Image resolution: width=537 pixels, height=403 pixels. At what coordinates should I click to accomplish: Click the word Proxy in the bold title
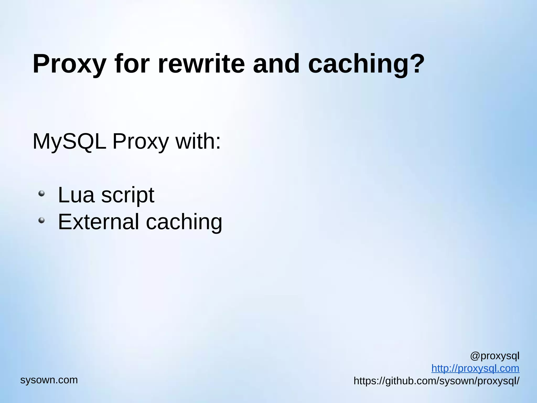(x=69, y=64)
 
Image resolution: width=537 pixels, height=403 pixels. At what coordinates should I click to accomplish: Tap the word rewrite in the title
(x=201, y=64)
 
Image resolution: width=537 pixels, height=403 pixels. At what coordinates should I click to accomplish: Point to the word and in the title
(x=276, y=64)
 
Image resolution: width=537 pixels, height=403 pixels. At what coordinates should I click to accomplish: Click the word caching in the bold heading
(x=358, y=64)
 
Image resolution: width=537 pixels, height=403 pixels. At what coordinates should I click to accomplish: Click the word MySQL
(x=69, y=142)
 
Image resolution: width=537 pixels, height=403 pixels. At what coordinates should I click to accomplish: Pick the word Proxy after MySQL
(x=141, y=142)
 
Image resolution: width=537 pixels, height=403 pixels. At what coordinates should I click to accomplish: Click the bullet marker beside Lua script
(x=41, y=194)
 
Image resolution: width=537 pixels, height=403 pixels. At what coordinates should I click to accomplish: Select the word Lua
(x=76, y=195)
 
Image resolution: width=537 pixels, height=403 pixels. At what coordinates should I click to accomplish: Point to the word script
(x=128, y=195)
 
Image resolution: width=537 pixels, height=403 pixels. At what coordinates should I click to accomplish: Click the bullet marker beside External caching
(x=41, y=220)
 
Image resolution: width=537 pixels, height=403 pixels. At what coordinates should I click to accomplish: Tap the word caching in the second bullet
(x=184, y=222)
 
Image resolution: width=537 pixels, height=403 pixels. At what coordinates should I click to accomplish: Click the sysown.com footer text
(x=49, y=380)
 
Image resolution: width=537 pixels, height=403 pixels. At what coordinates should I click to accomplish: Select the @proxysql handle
(x=495, y=356)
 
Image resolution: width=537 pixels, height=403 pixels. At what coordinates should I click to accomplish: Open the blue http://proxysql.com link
(x=475, y=368)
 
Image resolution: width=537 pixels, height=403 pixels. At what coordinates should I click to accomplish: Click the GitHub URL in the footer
(x=436, y=381)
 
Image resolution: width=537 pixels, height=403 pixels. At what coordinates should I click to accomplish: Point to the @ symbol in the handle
(x=475, y=356)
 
